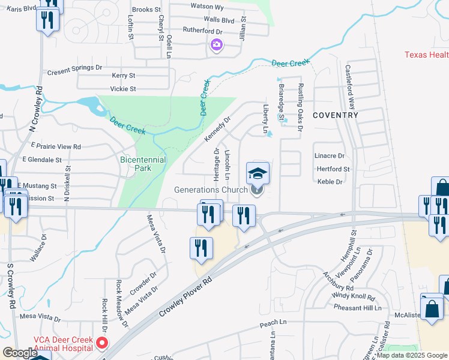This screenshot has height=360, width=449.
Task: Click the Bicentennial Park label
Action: coord(143,164)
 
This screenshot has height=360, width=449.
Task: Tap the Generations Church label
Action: coord(211,190)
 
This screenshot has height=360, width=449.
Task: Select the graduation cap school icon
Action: coord(258,174)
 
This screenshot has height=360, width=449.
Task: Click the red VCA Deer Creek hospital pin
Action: coord(102,343)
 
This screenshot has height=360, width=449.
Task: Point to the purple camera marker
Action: coord(216,44)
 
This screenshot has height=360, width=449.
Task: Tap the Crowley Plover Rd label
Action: coord(185,298)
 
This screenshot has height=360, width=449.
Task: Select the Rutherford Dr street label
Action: coord(203,31)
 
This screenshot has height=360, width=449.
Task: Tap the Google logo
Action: coord(20,353)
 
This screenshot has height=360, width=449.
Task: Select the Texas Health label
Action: coord(426,55)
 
